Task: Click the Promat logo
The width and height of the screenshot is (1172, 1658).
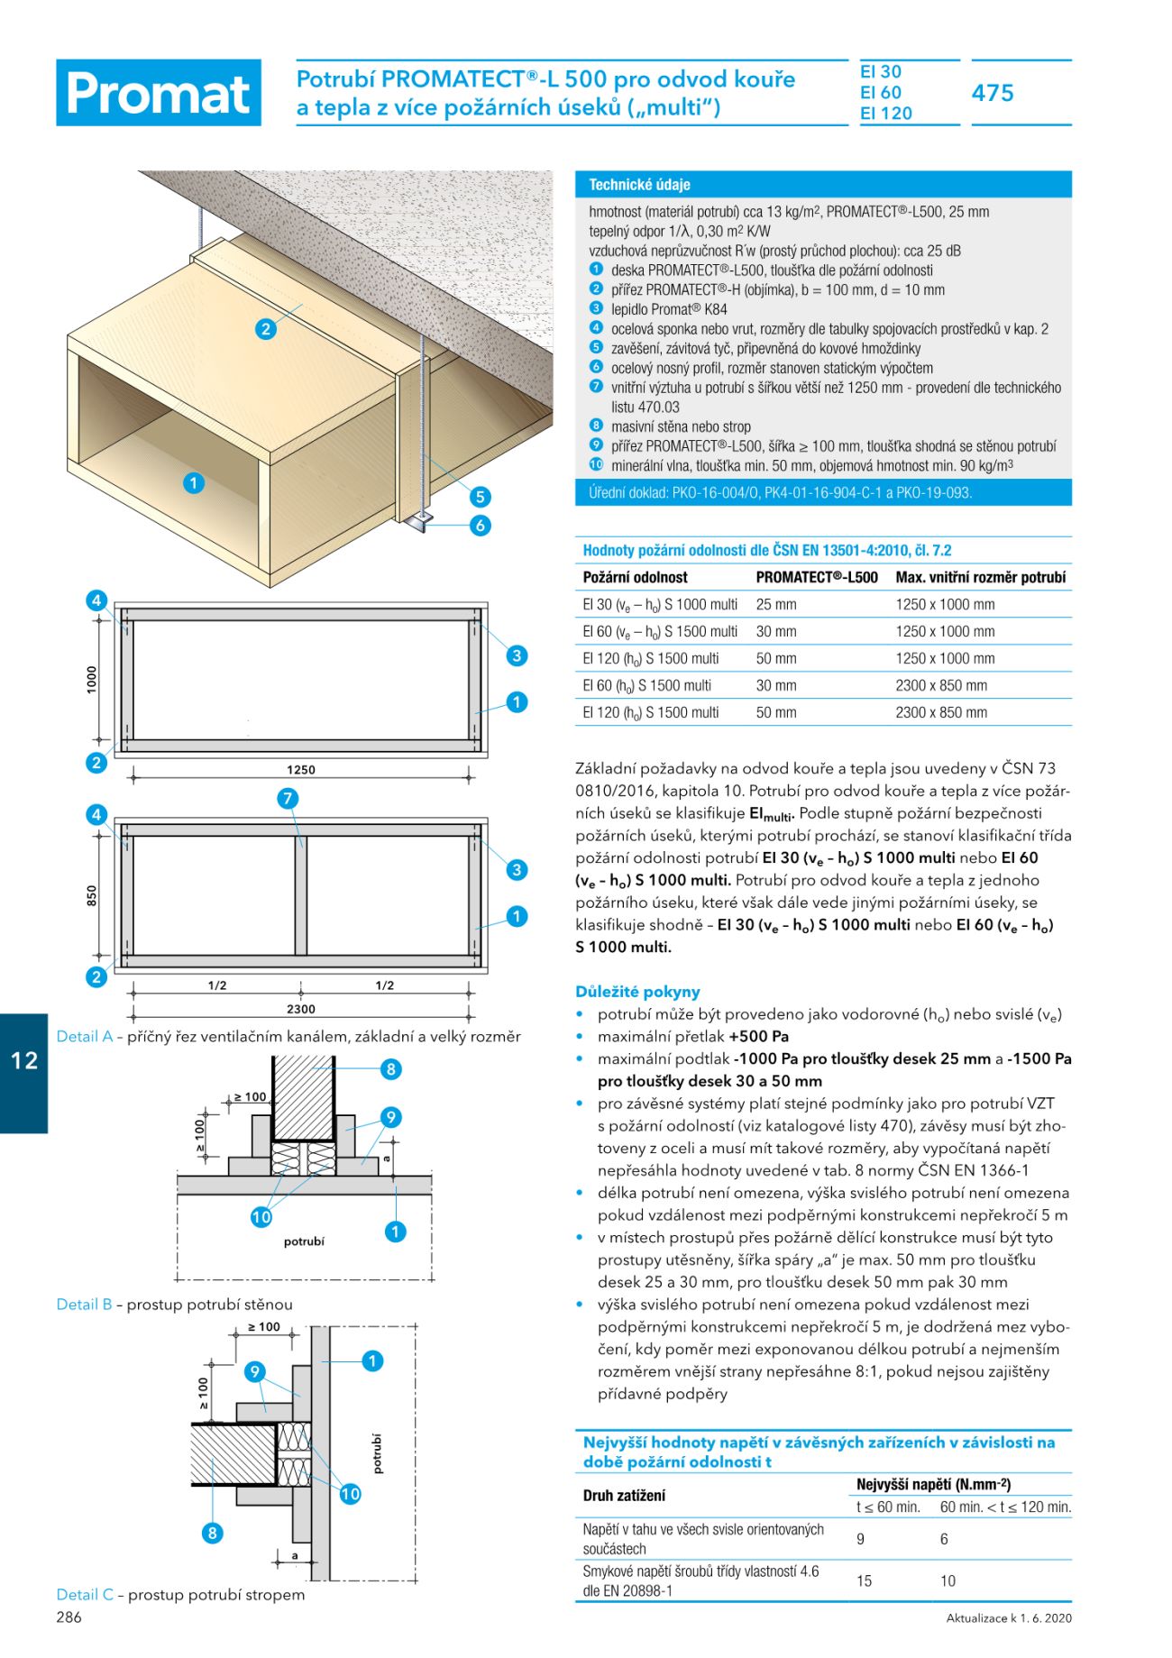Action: pyautogui.click(x=159, y=93)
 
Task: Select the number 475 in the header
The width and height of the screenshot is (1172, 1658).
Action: pyautogui.click(x=993, y=93)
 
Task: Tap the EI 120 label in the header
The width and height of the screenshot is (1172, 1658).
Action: pyautogui.click(x=885, y=114)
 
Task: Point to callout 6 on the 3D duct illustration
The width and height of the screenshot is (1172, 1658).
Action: pyautogui.click(x=481, y=526)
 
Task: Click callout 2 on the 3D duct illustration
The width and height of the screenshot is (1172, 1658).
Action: pyautogui.click(x=265, y=329)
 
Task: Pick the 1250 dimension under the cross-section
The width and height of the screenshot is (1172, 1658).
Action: pyautogui.click(x=301, y=770)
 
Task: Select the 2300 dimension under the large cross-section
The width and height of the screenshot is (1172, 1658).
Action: pyautogui.click(x=301, y=1009)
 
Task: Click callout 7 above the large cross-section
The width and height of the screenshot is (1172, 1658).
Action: pyautogui.click(x=288, y=799)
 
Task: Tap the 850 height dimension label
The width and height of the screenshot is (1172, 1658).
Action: pyautogui.click(x=92, y=896)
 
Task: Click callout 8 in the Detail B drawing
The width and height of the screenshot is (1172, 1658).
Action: pyautogui.click(x=390, y=1070)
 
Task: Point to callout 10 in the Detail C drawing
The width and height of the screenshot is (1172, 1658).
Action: pyautogui.click(x=350, y=1494)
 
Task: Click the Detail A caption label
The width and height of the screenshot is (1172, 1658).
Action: pyautogui.click(x=85, y=1037)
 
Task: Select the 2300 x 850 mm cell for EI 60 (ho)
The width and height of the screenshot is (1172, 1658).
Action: pyautogui.click(x=940, y=686)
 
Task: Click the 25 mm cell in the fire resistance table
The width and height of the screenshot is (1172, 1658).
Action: pyautogui.click(x=775, y=605)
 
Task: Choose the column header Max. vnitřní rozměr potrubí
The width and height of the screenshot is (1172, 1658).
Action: pyautogui.click(x=980, y=578)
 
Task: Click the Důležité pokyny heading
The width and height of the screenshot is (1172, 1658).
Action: pyautogui.click(x=637, y=992)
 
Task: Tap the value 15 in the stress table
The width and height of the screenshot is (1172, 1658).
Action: pyautogui.click(x=864, y=1580)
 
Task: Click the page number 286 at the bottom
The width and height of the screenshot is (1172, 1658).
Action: pyautogui.click(x=69, y=1617)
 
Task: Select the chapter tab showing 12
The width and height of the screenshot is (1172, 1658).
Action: pyautogui.click(x=24, y=1060)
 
